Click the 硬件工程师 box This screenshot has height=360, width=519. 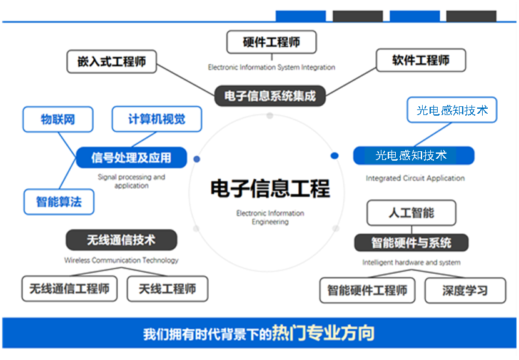coord(271,42)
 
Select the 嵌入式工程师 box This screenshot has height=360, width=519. coord(111,61)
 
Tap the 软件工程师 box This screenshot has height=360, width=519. coord(421,60)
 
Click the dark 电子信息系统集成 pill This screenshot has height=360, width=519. coord(270,96)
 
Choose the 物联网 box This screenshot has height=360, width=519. coord(58,119)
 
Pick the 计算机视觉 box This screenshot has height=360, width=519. coord(157,119)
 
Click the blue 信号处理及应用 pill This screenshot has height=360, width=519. coord(131,157)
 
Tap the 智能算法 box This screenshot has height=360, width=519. coord(59,202)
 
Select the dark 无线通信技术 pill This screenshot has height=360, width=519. coord(121,240)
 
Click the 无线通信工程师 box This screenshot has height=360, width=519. coord(69,289)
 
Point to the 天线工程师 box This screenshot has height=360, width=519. coord(168,289)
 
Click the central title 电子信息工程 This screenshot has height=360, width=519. coord(270,188)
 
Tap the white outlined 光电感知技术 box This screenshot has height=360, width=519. coord(452,110)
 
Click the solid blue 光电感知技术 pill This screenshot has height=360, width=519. coord(414,156)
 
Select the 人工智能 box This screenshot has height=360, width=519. coord(411,212)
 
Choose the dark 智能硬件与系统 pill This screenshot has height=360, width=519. coord(411,243)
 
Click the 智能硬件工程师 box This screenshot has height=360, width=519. coord(368,291)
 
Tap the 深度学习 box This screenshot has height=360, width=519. coord(465,291)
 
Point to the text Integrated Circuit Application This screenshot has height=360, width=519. coord(415,178)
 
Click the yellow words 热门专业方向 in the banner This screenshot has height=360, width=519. coord(323,333)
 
